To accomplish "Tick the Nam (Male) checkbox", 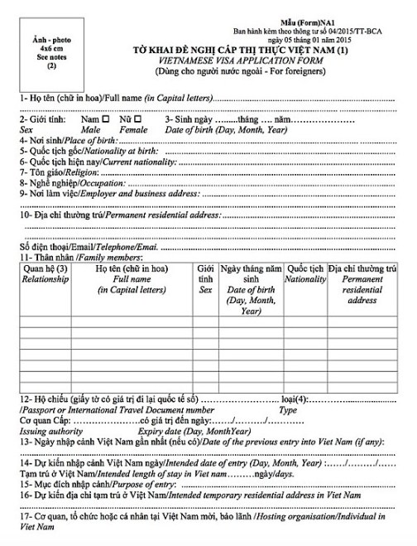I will (x=105, y=119).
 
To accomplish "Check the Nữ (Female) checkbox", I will (x=137, y=119).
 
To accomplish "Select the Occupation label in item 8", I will (x=92, y=181).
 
